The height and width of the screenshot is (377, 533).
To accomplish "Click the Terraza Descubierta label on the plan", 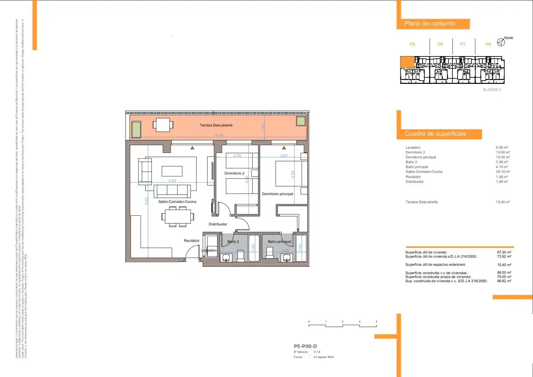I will click(216, 125).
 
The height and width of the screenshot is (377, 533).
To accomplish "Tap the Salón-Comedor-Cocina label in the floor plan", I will click(177, 201).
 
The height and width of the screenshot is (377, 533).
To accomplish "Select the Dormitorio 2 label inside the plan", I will click(235, 173).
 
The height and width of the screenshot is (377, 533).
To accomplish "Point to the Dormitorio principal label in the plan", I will click(278, 194).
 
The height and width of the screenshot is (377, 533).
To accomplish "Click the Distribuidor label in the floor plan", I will click(218, 224).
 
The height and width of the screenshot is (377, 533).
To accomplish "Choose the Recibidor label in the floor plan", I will click(192, 241).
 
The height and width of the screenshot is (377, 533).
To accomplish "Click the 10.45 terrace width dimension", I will click(219, 135).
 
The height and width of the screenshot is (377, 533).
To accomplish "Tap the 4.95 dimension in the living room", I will click(172, 181).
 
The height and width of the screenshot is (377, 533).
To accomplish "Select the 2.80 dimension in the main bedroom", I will click(284, 156).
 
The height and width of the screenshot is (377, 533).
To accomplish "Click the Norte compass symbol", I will click(501, 42).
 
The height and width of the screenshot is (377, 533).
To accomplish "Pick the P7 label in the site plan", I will click(463, 44).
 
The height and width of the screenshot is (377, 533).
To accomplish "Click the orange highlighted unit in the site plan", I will click(407, 62).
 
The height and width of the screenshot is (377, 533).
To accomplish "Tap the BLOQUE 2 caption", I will click(492, 90).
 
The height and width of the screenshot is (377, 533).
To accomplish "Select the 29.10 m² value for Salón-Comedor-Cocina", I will click(503, 172).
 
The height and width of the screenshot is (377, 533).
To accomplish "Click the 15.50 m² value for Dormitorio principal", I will click(503, 157).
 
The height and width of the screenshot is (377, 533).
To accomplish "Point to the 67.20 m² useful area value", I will click(504, 252).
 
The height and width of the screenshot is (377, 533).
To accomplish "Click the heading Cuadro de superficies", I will click(435, 134).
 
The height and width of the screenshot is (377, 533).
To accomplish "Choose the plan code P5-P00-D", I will click(305, 346).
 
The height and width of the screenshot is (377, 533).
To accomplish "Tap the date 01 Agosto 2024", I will click(324, 357).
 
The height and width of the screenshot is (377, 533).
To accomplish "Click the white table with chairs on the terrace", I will click(163, 125).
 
